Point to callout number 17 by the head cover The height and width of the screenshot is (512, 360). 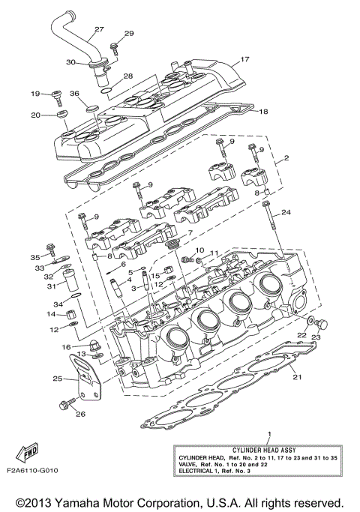(x=244, y=60)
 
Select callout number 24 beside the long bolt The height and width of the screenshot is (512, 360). (x=286, y=213)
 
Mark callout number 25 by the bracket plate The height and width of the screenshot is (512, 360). (x=58, y=379)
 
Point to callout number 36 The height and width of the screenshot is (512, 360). (x=74, y=93)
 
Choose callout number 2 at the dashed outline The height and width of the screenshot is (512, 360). (x=286, y=160)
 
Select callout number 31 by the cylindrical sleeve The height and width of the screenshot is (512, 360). (x=52, y=286)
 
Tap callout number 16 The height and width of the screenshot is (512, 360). (x=66, y=347)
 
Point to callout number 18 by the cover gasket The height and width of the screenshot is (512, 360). (x=262, y=112)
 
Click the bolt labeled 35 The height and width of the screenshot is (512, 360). (x=50, y=248)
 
